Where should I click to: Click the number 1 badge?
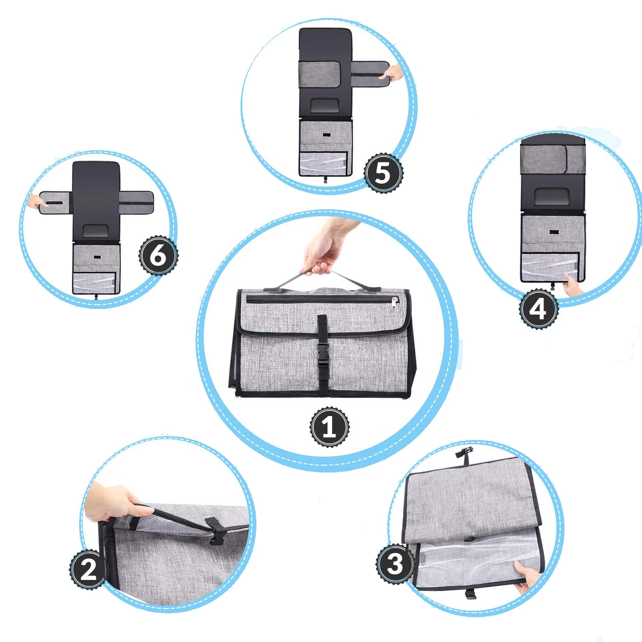pyautogui.click(x=329, y=427)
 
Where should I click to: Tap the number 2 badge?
pyautogui.click(x=89, y=570)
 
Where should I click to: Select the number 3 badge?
pyautogui.click(x=395, y=564)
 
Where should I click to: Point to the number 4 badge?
pyautogui.click(x=539, y=308)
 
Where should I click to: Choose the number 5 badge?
pyautogui.click(x=383, y=173)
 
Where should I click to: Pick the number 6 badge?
pyautogui.click(x=158, y=256)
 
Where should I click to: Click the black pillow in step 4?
pyautogui.click(x=553, y=197)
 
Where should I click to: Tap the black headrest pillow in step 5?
pyautogui.click(x=325, y=106)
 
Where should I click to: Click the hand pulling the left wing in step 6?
pyautogui.click(x=34, y=201)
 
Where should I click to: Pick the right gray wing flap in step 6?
pyautogui.click(x=136, y=202)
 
